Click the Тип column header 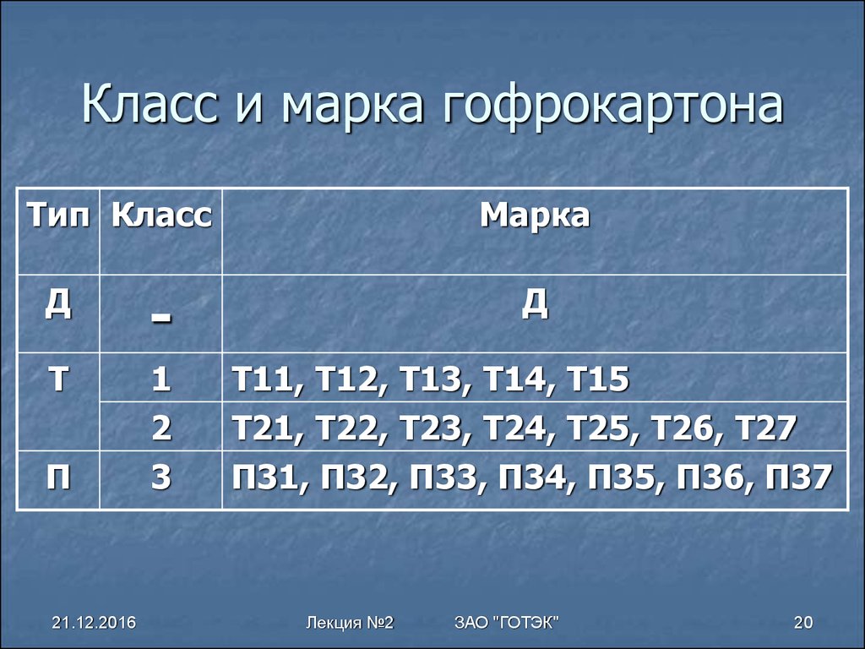coord(58,215)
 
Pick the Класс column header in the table coord(161,215)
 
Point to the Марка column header coord(535,215)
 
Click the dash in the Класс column coord(161,319)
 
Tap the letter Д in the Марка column coord(535,303)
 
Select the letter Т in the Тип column coord(58,379)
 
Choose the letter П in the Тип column coord(58,477)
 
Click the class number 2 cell coord(161,428)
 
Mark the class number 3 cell coord(161,477)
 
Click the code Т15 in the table coord(598,379)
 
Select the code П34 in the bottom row coord(532,477)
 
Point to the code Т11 coord(263,379)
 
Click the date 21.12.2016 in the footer coord(94,623)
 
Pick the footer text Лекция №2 coord(350,623)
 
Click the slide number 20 coord(803,623)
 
